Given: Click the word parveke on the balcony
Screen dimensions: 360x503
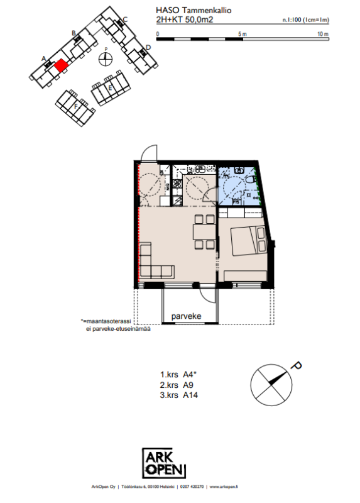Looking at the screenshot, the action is coord(186,316).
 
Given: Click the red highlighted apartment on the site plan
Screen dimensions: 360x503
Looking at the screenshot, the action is coord(60,66).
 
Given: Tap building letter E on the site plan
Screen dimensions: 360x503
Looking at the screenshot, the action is coord(111,87).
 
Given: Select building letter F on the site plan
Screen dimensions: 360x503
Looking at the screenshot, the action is coord(76,106).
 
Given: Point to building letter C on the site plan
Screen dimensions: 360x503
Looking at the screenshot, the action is coord(126,19).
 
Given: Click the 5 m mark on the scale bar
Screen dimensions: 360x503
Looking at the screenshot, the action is coord(243,34).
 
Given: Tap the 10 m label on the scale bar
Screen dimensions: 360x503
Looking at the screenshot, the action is coord(323,34).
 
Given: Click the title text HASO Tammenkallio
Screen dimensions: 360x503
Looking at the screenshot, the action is coord(194,10).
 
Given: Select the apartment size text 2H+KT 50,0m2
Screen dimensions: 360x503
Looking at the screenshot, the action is coord(184,19).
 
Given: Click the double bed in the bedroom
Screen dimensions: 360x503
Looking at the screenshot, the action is coord(249,241).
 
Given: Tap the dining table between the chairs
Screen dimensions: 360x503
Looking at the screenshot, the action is coord(204,231).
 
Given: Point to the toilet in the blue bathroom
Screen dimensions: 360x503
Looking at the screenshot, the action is coord(250,179).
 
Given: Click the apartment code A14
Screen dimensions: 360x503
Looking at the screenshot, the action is coord(190,395).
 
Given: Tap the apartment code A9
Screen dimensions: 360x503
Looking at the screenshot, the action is coord(188,385).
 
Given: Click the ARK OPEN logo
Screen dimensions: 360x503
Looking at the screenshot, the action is coord(164,463).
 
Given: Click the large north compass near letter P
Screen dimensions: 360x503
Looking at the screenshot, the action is coord(271,385).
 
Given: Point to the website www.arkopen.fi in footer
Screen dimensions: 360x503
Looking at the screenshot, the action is coord(224,487).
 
